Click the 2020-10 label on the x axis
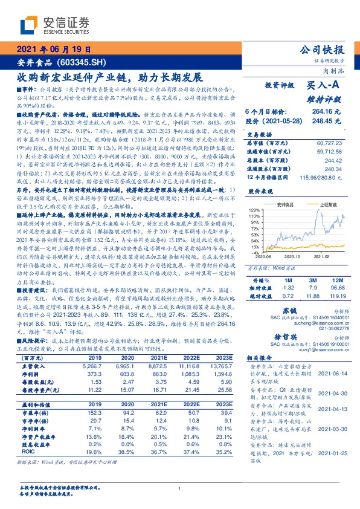point(291,256)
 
